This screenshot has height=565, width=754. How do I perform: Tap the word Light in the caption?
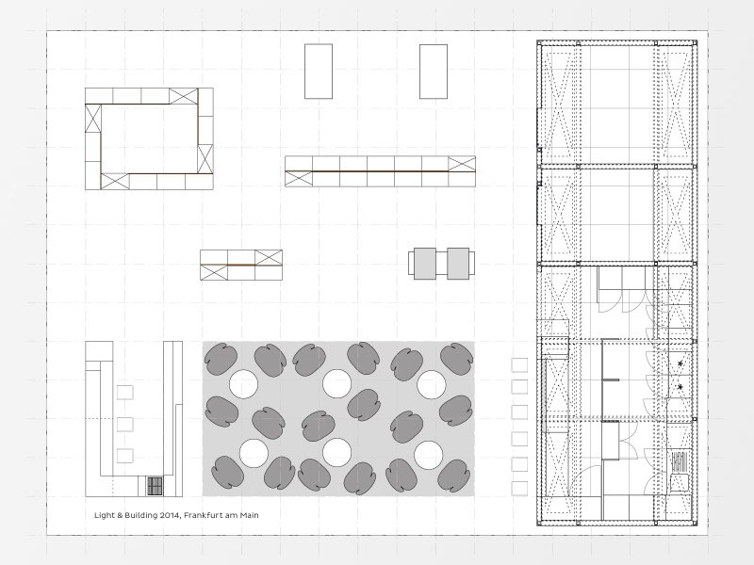coord(105,515)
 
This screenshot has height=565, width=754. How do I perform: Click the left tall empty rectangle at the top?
coord(319,72)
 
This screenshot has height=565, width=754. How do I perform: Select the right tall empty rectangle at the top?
coord(434,72)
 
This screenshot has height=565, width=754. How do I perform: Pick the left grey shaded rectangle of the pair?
coord(425,264)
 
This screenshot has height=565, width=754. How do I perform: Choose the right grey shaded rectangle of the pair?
coord(458,264)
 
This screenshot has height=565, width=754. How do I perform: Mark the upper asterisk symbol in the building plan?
coord(680,363)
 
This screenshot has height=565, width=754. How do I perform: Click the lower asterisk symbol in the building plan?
coord(680,387)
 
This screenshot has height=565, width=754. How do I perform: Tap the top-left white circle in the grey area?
coord(243,384)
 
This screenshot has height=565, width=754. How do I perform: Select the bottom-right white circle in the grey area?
coord(428,455)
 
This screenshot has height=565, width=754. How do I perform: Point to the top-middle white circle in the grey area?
coord(336,384)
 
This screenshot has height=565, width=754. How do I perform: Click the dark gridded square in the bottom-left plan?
coord(155,486)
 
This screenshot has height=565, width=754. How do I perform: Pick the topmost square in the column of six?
coord(519,365)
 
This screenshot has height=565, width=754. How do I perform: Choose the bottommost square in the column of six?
coord(519,488)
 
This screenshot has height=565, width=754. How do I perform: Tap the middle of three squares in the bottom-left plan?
coord(125,425)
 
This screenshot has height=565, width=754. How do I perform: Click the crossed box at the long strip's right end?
coord(462,164)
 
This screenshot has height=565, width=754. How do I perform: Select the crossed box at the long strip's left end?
coord(299,179)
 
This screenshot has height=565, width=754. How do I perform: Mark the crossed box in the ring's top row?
coord(183,96)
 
